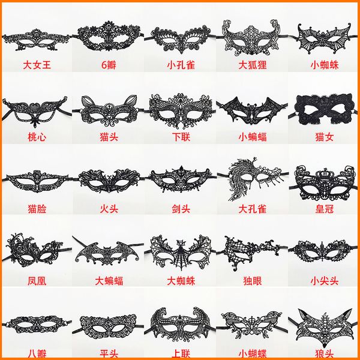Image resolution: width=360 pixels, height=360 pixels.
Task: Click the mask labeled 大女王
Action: coord(36,41)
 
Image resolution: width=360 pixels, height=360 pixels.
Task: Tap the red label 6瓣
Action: coord(109,65)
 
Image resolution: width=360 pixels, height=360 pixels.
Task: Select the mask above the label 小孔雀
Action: coord(181,39)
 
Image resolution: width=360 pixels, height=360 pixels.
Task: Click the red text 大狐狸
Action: coord(253,65)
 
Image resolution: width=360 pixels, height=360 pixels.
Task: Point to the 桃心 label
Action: coord(37,137)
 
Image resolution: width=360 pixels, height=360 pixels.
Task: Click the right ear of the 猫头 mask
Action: coord(130,101)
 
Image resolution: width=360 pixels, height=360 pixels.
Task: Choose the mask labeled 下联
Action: coord(181,110)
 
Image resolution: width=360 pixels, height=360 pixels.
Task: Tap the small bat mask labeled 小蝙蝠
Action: coord(252,111)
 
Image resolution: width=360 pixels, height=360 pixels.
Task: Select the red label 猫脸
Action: coord(37,209)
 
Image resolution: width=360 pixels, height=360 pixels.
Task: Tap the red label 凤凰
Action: coord(37,281)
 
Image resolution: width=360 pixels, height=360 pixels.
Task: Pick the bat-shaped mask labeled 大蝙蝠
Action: coord(107,254)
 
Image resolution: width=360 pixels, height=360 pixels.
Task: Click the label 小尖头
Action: coord(324,281)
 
